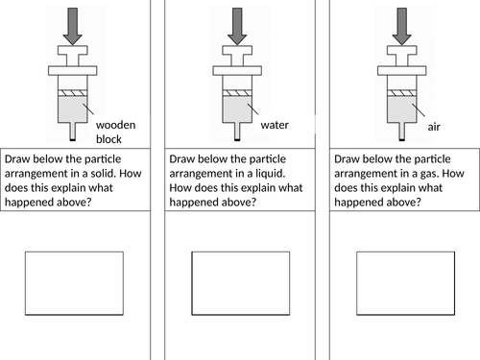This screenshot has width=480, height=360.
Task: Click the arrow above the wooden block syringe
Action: tap(73, 26)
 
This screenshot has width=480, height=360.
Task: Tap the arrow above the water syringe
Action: tap(237, 26)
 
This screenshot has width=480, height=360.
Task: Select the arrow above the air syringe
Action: tap(401, 26)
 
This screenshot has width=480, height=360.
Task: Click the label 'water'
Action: tap(275, 125)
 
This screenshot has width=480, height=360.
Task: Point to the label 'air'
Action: tap(434, 127)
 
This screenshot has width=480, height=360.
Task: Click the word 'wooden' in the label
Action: tap(116, 125)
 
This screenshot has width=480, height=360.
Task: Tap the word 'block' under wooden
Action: tap(108, 139)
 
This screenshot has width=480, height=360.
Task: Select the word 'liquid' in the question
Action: tap(270, 174)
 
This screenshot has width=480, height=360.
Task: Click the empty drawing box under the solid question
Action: tap(74, 283)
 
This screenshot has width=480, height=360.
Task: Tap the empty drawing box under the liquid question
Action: tap(241, 283)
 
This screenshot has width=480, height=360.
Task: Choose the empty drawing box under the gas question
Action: tap(406, 283)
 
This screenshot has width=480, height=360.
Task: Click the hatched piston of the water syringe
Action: tap(237, 93)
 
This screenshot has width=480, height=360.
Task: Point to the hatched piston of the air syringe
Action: tap(401, 93)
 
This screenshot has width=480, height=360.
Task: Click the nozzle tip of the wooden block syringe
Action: tap(73, 139)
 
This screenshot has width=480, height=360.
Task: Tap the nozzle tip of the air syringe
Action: tap(401, 139)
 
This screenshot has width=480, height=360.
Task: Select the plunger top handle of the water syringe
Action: tap(237, 50)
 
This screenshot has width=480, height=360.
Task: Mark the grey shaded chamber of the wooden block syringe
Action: tap(73, 109)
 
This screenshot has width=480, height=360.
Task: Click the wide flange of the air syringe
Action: tap(401, 71)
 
